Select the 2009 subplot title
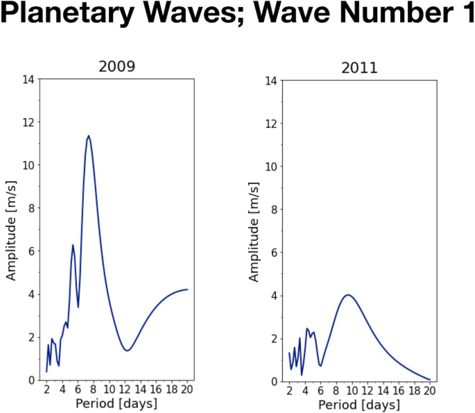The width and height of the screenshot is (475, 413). (116, 67)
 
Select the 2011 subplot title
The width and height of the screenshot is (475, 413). (359, 68)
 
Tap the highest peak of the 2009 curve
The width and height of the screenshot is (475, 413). (89, 136)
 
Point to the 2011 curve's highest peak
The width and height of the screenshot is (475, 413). (348, 295)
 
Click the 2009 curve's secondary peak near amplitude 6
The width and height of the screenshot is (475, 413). (73, 245)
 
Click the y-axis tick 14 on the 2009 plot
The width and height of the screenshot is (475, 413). (28, 79)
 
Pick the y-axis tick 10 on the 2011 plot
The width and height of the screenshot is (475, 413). (272, 167)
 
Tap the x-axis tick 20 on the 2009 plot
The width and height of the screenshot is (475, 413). (187, 389)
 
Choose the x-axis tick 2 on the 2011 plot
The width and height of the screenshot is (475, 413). (289, 391)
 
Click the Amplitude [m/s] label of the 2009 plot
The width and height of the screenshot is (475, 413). (12, 229)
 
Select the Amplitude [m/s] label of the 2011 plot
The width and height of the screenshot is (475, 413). (254, 230)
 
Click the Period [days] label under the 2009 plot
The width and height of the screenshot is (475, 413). (116, 403)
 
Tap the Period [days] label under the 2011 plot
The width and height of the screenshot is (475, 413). (359, 405)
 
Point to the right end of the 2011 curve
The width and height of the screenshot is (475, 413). (430, 380)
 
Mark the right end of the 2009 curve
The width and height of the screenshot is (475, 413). (187, 289)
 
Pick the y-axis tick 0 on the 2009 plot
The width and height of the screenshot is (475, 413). (31, 380)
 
